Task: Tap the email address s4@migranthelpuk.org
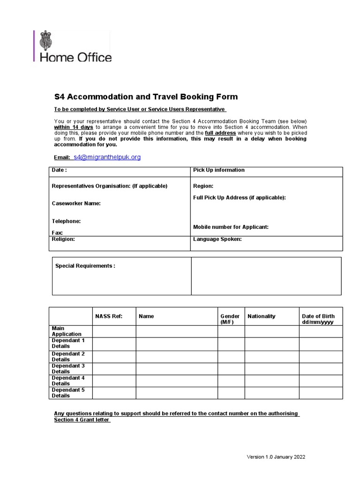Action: [107, 157]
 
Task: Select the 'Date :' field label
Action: [59, 170]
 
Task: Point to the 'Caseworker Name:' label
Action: [76, 203]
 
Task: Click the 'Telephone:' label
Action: [66, 221]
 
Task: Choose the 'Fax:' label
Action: [57, 232]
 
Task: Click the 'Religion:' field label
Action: [63, 239]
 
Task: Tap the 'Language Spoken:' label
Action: [217, 239]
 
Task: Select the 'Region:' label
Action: [203, 186]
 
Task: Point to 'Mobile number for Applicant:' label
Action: [231, 227]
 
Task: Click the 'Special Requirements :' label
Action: [85, 266]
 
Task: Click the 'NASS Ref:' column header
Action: [108, 316]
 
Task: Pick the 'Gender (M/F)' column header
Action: [230, 319]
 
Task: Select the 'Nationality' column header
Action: [262, 316]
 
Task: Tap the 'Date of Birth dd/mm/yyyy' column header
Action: [319, 319]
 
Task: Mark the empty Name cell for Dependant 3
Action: [177, 368]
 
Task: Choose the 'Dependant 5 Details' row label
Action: [68, 393]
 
